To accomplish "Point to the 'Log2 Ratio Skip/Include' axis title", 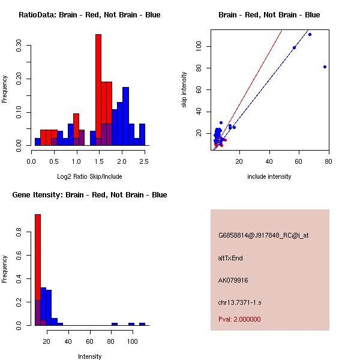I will (x=89, y=176).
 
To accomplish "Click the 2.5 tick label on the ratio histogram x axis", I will (x=145, y=161).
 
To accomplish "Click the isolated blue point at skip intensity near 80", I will (x=325, y=67).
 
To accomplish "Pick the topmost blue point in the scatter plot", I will (x=310, y=34).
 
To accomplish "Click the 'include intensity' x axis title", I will (x=269, y=176).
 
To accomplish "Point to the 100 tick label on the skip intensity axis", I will (x=206, y=47).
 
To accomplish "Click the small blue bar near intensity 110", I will (x=142, y=324).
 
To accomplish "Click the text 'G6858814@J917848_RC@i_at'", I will (x=263, y=235).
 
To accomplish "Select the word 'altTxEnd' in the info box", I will (x=230, y=258).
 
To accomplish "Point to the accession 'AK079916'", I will (x=233, y=280).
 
